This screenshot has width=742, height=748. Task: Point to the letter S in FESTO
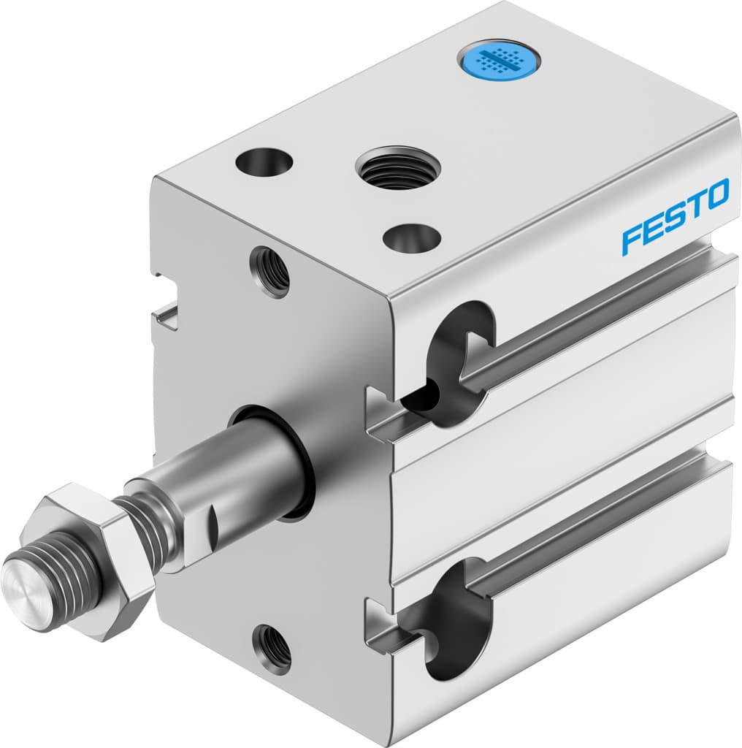673,217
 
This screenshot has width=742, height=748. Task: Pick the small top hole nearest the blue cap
264,161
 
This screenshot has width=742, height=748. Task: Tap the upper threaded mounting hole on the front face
269,271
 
